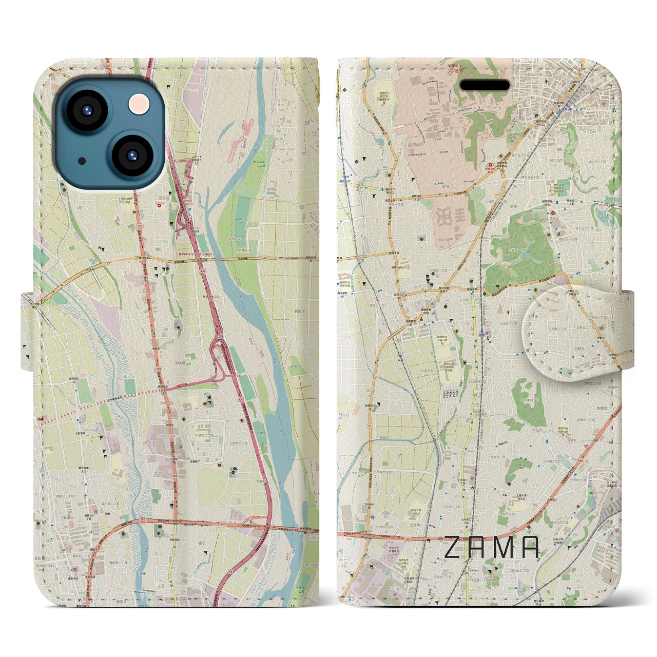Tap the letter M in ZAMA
(505, 547)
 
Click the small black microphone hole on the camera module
(82, 161)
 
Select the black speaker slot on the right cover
(484, 85)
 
